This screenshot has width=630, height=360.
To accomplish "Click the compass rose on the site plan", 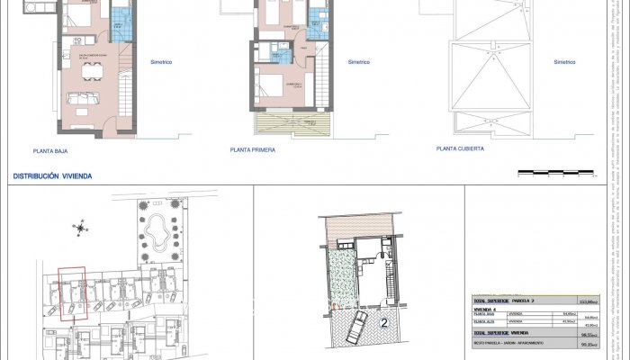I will [x=107, y=228].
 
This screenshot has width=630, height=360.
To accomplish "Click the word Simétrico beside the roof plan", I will [x=564, y=62].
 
